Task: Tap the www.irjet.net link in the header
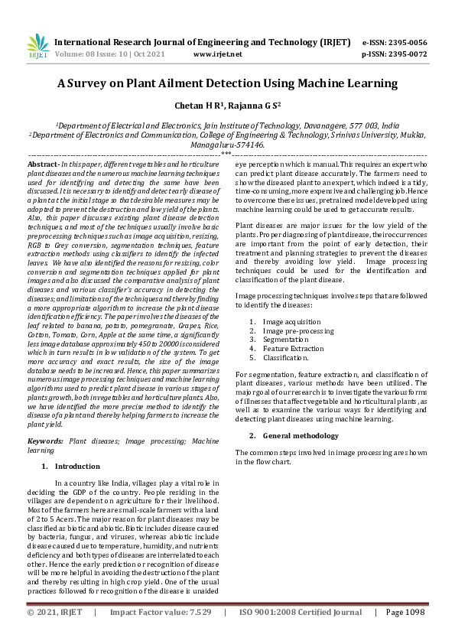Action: [x=218, y=54]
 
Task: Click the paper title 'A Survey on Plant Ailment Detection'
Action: [x=227, y=83]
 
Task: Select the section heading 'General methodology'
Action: [x=300, y=435]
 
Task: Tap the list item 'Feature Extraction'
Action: [x=294, y=348]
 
